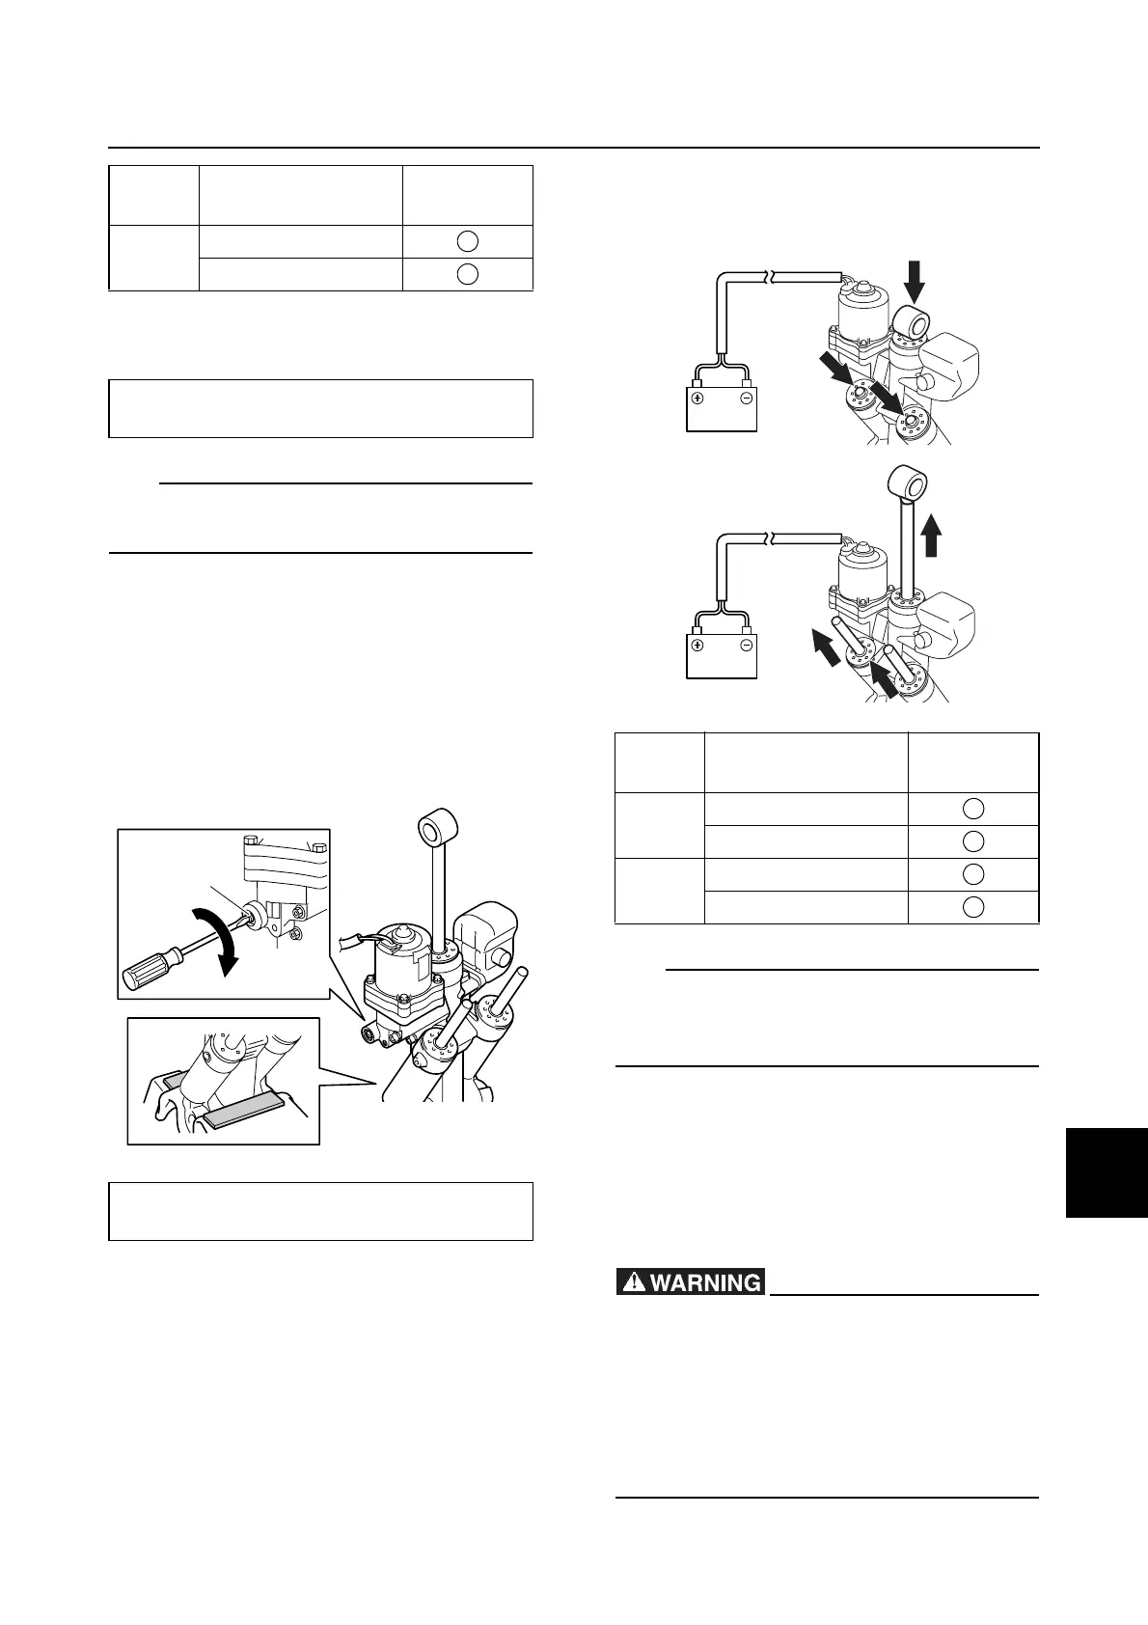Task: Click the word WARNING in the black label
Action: (x=706, y=1282)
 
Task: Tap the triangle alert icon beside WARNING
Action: (x=634, y=1282)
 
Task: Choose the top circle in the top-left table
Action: (x=467, y=241)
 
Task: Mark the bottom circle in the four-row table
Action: (x=973, y=906)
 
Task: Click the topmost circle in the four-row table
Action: (x=973, y=809)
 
